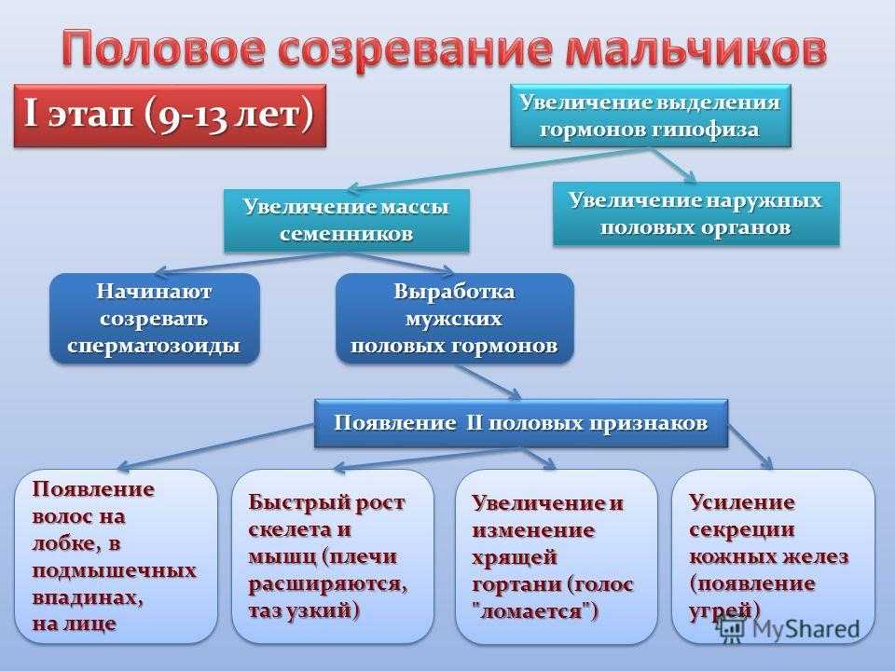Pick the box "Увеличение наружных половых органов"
pos(697,214)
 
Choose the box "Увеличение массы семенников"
pos(345,220)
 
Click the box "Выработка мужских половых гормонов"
pos(454,318)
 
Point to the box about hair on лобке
pos(117,555)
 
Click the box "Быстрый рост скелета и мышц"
pos(333,555)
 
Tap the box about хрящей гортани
pos(556,557)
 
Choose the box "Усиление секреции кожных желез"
pos(773,555)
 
